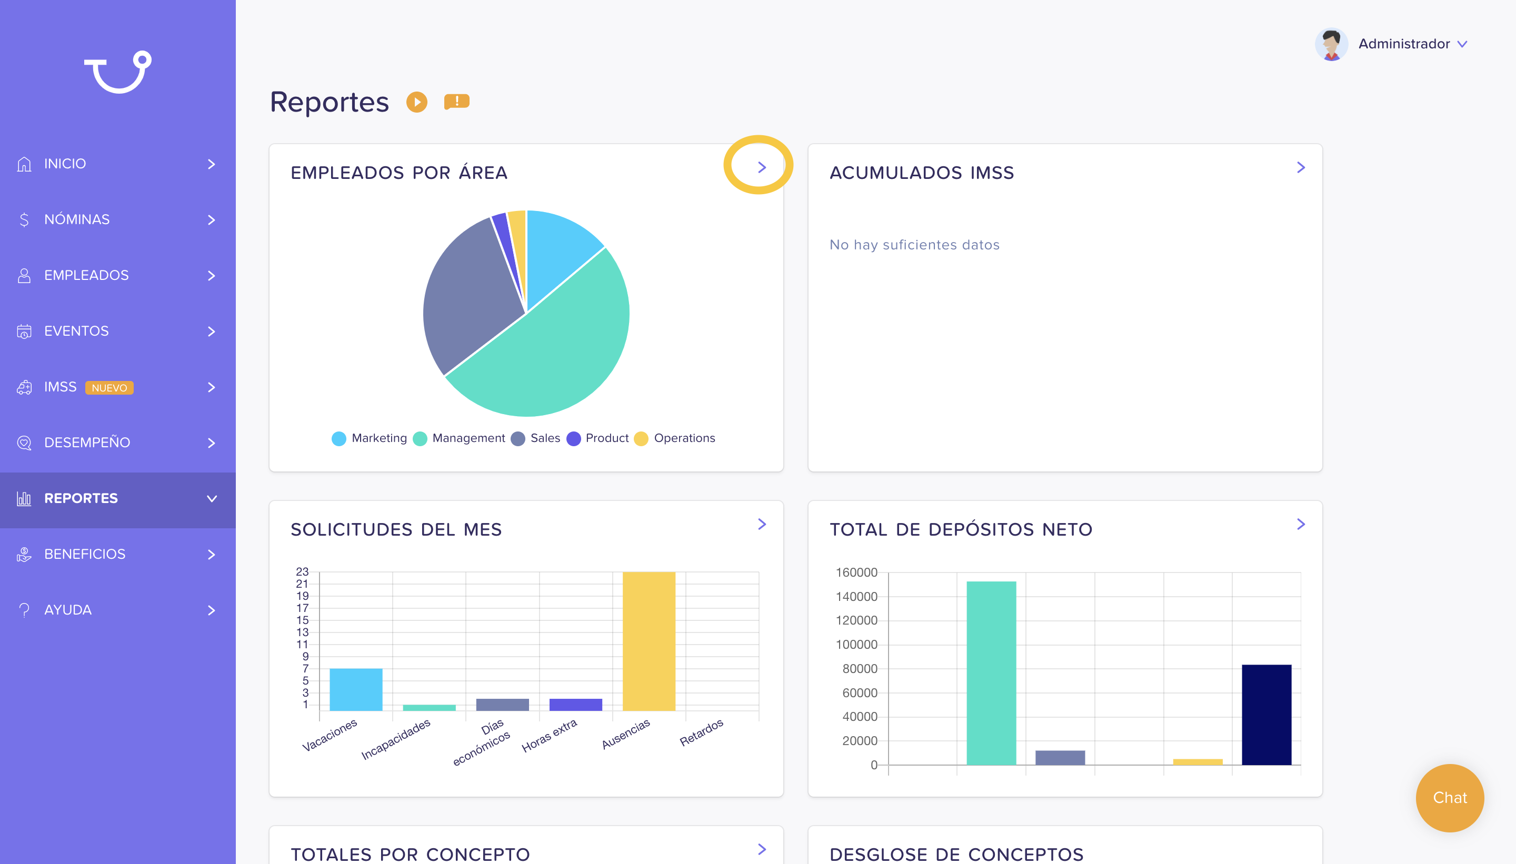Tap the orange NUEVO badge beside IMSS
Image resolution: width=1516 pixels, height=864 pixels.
click(x=109, y=387)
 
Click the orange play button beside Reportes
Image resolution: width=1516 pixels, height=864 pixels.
click(x=417, y=102)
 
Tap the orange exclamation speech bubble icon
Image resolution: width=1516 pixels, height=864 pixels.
click(x=456, y=102)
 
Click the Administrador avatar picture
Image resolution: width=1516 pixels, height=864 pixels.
click(x=1331, y=44)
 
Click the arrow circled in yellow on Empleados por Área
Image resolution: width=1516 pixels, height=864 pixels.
click(x=762, y=167)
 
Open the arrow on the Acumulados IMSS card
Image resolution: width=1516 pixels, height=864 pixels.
click(x=1301, y=167)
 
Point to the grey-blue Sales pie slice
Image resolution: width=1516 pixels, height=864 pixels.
click(x=469, y=297)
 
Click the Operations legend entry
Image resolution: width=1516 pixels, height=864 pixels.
click(x=675, y=438)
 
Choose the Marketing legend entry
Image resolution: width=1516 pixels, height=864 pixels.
click(x=369, y=438)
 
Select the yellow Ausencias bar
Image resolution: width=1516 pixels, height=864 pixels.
click(x=649, y=641)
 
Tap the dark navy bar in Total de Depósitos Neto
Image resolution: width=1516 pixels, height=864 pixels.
click(x=1266, y=715)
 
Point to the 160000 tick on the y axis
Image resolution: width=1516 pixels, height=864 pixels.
click(x=856, y=572)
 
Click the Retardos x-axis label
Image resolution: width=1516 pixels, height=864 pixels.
click(x=702, y=732)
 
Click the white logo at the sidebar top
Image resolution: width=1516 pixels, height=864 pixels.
click(x=117, y=72)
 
